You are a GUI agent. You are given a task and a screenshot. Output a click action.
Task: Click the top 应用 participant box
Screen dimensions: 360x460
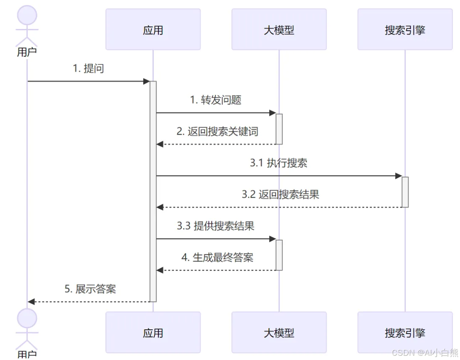(153, 29)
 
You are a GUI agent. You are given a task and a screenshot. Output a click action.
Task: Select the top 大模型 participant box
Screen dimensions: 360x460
(279, 29)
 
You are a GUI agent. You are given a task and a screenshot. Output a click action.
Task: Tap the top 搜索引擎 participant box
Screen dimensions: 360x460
(405, 29)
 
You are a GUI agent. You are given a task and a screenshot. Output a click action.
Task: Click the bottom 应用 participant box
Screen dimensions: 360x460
(153, 332)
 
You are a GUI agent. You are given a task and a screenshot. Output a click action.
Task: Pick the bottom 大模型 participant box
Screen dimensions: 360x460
(279, 332)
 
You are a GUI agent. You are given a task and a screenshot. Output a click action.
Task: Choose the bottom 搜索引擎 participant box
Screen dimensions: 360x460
(405, 332)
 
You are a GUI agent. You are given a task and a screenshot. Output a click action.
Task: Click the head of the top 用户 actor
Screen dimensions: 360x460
(27, 14)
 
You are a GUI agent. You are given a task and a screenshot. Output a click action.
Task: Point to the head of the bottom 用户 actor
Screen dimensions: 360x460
(27, 318)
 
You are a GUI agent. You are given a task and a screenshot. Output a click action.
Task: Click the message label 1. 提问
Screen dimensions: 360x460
(88, 69)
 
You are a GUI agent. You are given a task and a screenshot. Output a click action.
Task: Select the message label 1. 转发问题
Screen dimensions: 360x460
(216, 100)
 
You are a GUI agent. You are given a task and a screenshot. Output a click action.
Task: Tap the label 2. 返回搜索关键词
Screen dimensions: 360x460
(217, 132)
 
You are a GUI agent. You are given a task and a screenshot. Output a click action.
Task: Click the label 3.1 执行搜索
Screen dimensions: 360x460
(279, 163)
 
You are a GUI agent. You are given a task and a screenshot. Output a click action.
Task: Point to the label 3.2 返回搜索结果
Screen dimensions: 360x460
(280, 195)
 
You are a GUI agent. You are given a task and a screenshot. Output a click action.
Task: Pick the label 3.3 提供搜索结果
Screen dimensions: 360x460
(216, 226)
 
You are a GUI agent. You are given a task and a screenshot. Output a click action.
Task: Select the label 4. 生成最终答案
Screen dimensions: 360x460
(217, 258)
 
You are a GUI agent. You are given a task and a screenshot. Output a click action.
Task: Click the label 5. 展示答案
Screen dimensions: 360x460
(90, 289)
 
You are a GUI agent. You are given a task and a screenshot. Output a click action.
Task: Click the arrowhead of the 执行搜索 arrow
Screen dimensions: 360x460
(399, 176)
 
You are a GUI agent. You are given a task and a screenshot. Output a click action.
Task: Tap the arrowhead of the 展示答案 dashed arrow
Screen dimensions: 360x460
(31, 302)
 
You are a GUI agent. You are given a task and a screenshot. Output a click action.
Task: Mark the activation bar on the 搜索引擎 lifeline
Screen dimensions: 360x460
(405, 192)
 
